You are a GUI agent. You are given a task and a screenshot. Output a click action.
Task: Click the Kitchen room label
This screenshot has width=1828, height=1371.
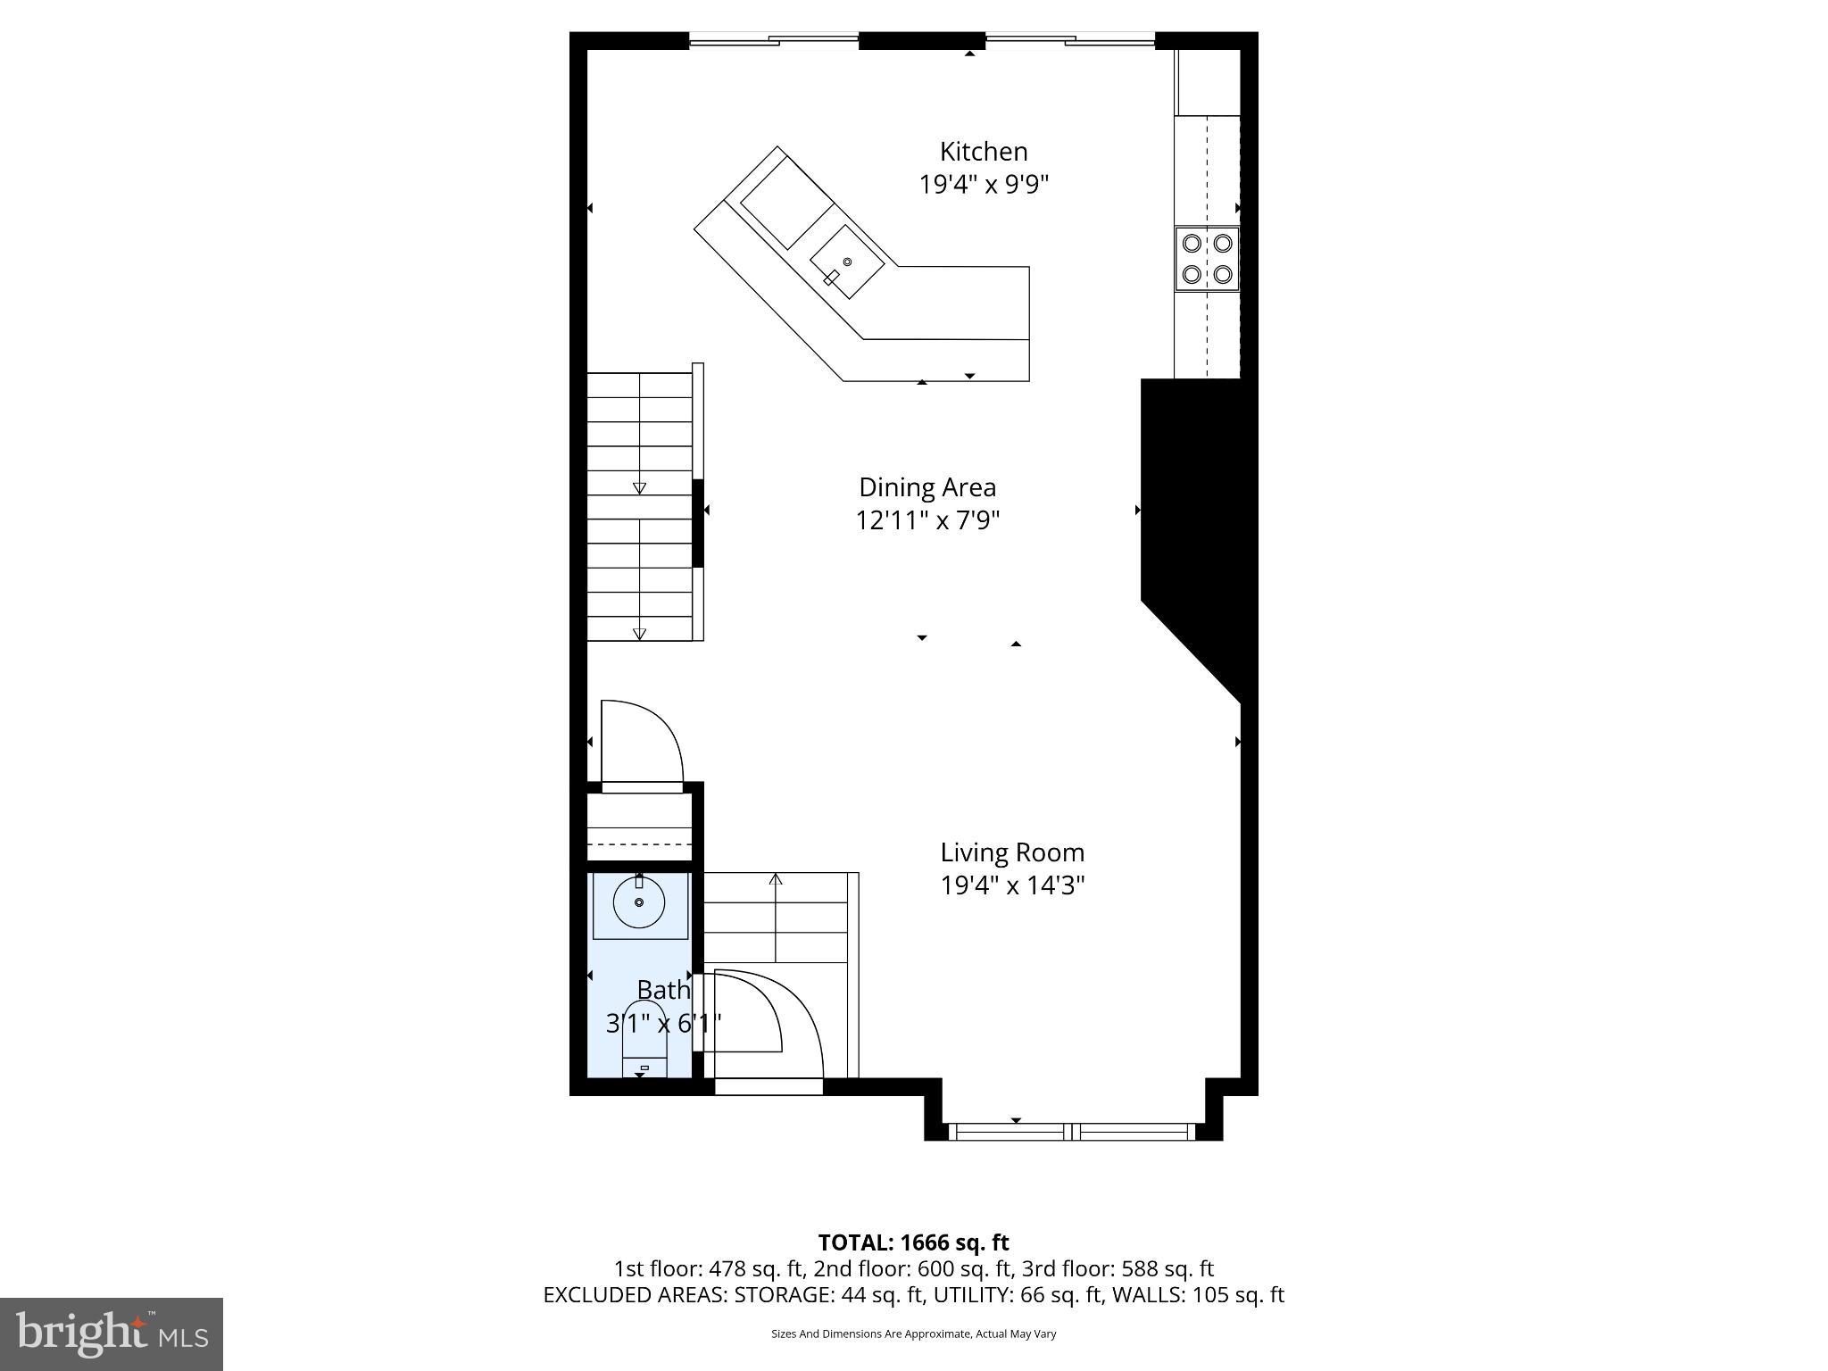[983, 152]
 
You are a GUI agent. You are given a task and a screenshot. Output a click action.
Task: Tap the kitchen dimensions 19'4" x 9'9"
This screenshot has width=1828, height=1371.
[983, 185]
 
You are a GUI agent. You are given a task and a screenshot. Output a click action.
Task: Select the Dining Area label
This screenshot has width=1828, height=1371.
[926, 487]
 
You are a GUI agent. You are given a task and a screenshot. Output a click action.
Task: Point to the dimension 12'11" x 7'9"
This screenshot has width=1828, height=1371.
[926, 520]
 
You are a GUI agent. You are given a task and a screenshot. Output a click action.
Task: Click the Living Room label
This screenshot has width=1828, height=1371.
[1012, 852]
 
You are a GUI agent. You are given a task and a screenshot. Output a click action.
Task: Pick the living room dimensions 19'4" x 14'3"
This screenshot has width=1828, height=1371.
[1012, 885]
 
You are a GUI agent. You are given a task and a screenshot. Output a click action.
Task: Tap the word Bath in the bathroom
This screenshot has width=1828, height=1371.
[663, 990]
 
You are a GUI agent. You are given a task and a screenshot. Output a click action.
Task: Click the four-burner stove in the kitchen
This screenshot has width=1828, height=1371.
[1207, 259]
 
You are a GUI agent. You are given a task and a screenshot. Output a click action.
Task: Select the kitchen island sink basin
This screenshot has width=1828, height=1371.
[846, 262]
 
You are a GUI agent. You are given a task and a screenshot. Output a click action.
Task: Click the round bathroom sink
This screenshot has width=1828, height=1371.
[639, 902]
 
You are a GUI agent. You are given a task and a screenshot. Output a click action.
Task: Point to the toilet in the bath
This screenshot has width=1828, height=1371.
[644, 1040]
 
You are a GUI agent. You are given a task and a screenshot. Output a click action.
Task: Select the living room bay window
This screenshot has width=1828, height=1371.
[1071, 1131]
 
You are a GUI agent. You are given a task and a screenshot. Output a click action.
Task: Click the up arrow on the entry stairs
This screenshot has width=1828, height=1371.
[776, 880]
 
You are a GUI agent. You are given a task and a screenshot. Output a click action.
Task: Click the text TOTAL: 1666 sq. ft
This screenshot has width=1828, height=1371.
[913, 1242]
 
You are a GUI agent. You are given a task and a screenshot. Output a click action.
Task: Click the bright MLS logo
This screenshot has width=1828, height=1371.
[112, 1334]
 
